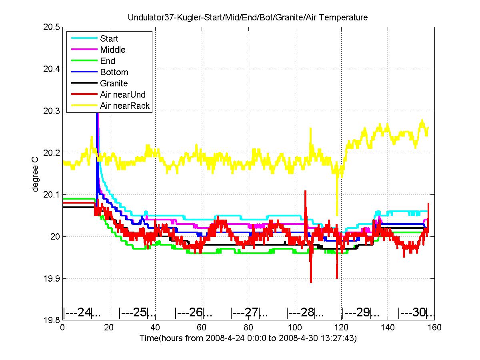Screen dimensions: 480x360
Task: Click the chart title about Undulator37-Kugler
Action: [248, 17]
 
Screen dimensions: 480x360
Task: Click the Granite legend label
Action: [114, 83]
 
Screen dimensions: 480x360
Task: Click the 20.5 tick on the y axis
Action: [51, 27]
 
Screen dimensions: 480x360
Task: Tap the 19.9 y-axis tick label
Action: [51, 278]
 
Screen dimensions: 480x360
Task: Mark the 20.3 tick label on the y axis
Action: [51, 111]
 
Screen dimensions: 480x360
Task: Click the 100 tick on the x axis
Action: [295, 327]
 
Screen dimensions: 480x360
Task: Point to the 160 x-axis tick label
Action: [434, 327]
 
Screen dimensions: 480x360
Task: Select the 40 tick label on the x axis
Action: [155, 327]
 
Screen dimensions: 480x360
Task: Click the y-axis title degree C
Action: [35, 174]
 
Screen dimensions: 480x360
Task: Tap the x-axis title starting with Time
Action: [248, 338]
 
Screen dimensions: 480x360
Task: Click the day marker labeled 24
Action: [82, 312]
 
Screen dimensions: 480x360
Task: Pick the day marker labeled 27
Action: [249, 312]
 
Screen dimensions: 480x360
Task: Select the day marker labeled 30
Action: [416, 312]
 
